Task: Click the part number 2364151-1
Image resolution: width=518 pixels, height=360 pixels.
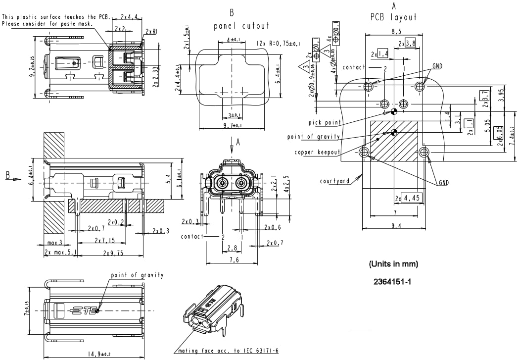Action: point(393,282)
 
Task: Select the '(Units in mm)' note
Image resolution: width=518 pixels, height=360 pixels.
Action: point(394,264)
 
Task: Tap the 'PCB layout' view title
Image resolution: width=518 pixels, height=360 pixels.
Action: point(394,16)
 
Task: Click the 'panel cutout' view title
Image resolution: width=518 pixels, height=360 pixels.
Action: point(241,25)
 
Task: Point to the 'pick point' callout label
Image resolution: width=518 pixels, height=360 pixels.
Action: point(325,122)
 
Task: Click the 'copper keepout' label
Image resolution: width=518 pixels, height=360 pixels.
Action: point(317,152)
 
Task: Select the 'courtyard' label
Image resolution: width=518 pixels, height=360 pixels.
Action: point(334,181)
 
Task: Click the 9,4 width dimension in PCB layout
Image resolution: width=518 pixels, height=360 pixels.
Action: point(394,226)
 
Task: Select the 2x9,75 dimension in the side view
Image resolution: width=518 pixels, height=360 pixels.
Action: point(113,253)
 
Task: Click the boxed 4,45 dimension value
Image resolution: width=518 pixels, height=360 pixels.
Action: point(412,199)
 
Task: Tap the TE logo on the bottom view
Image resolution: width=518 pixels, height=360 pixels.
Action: point(84,311)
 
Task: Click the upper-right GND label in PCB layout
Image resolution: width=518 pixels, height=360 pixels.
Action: point(437,66)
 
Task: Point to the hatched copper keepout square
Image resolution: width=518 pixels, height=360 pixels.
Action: point(394,141)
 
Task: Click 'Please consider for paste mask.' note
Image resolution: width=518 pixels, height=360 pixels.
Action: point(47,24)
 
